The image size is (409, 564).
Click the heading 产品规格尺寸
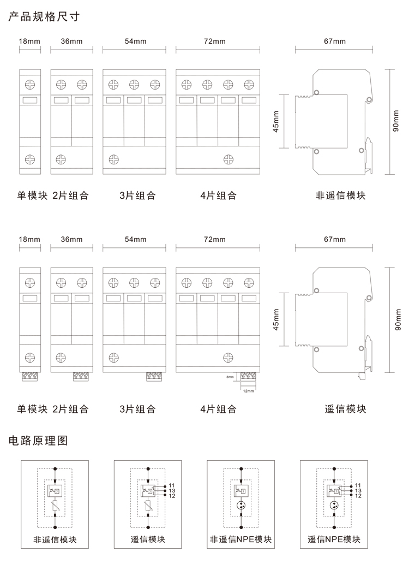[44, 16]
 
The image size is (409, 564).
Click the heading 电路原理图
[38, 440]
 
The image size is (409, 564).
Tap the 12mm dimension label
[248, 390]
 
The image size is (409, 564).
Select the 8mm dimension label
[230, 377]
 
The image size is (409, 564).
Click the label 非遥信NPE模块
[241, 539]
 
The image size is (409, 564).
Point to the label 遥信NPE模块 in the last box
[334, 539]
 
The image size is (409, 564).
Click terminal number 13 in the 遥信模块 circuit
[172, 490]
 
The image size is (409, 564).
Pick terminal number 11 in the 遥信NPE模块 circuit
[358, 485]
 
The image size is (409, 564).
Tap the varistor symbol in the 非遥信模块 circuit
[55, 506]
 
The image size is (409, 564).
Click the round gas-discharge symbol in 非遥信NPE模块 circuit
[241, 506]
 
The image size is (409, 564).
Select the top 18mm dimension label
[29, 41]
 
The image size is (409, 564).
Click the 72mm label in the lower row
[214, 240]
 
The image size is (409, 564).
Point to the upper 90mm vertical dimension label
[396, 121]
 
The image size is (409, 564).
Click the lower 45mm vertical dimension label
[276, 319]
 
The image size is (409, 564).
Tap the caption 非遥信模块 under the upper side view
[341, 195]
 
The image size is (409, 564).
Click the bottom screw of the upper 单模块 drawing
[30, 159]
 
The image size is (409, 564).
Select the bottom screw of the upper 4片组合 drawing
[228, 159]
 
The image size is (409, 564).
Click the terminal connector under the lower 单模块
[30, 376]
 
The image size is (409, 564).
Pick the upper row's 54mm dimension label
[135, 41]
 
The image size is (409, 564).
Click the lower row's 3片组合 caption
[137, 409]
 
